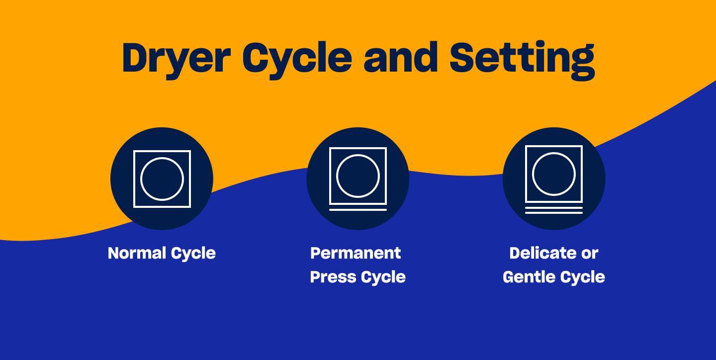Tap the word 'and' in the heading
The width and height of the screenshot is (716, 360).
click(x=401, y=58)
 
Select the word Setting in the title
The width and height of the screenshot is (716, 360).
click(x=522, y=59)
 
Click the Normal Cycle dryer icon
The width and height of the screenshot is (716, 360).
click(x=162, y=179)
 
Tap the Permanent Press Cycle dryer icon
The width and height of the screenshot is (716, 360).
click(x=358, y=179)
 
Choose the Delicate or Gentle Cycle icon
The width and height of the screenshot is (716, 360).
click(x=553, y=179)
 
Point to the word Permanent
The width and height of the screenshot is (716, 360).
click(x=356, y=253)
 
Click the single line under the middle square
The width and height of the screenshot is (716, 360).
click(x=358, y=210)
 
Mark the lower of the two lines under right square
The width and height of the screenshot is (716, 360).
click(x=553, y=213)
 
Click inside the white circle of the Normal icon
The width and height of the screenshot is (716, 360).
click(x=162, y=179)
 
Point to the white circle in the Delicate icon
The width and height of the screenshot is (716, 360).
click(x=553, y=174)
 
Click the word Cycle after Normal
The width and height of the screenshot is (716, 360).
click(x=193, y=253)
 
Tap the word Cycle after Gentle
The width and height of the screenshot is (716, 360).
click(x=583, y=277)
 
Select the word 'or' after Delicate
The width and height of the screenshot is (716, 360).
click(x=590, y=254)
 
